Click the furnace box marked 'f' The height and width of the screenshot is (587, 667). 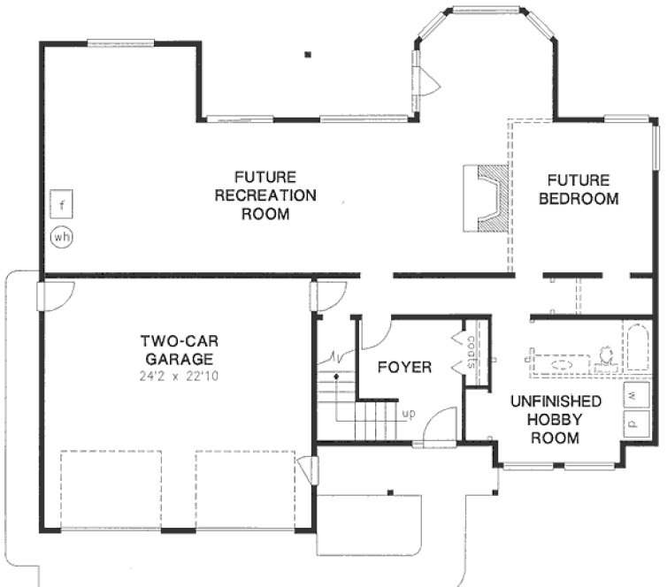pyautogui.click(x=61, y=206)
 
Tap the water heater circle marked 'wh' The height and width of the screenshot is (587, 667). pyautogui.click(x=61, y=237)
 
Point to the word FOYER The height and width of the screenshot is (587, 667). pyautogui.click(x=404, y=366)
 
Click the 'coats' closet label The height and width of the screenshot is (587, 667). pyautogui.click(x=471, y=352)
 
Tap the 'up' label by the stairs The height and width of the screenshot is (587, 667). pyautogui.click(x=409, y=413)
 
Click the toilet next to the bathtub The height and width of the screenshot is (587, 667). pyautogui.click(x=607, y=356)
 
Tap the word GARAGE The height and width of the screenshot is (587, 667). pyautogui.click(x=177, y=359)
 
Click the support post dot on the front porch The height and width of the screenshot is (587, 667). pyautogui.click(x=390, y=492)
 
